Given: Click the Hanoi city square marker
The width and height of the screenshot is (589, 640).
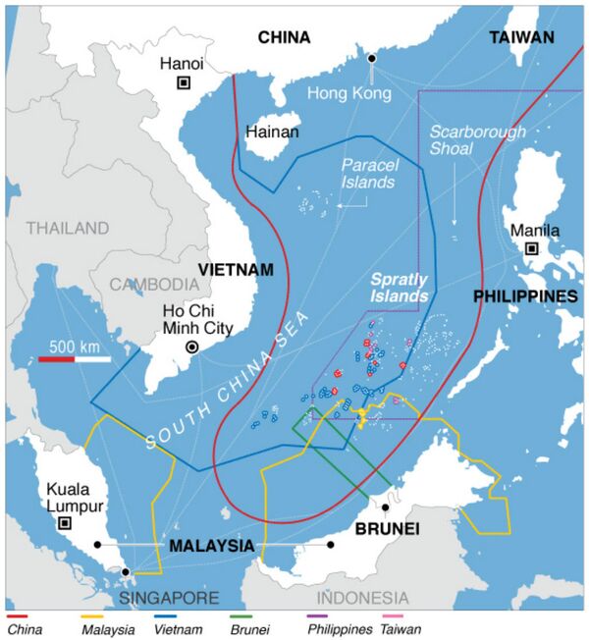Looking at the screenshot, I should (184, 83).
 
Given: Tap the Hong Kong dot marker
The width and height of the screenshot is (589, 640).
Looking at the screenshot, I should (372, 60).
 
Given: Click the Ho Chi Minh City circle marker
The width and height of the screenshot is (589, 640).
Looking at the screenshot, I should (193, 347).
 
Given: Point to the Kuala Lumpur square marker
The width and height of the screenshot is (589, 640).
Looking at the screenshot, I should (65, 522).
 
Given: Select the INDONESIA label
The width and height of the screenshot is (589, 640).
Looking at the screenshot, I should (363, 598).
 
